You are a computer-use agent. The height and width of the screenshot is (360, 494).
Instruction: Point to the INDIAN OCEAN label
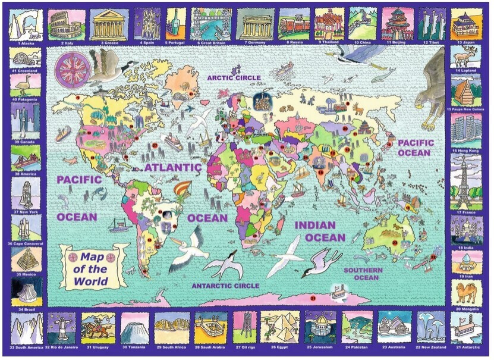(x=320, y=231)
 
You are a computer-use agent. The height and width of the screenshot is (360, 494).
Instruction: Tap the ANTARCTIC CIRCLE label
(x=225, y=286)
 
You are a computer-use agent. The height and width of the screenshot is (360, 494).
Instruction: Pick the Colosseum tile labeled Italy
(x=65, y=24)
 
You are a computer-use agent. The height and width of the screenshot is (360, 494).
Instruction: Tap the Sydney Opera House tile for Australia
(x=394, y=326)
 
